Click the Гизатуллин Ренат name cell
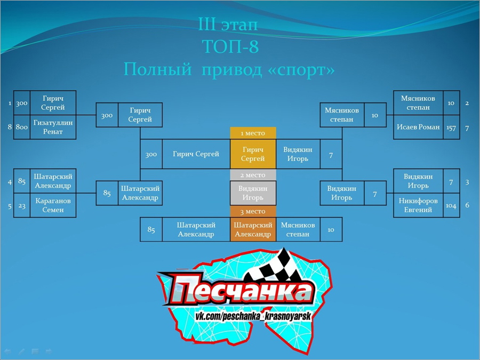(x=53, y=127)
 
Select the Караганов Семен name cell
(x=53, y=205)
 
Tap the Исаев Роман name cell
(x=418, y=127)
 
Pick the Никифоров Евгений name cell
(x=418, y=205)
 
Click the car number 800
(x=22, y=127)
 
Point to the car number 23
(x=22, y=206)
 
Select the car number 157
(x=451, y=127)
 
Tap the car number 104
(x=451, y=206)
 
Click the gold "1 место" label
(x=253, y=133)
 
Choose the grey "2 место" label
(x=253, y=175)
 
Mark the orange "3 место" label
(x=253, y=212)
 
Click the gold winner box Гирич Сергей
(x=253, y=154)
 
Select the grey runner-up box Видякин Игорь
(x=253, y=193)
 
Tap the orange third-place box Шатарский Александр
(x=253, y=229)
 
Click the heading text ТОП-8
(x=230, y=46)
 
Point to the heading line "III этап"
(x=228, y=24)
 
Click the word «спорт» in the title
(x=301, y=70)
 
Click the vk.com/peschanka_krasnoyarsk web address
(x=253, y=316)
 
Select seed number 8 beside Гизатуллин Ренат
(x=10, y=127)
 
